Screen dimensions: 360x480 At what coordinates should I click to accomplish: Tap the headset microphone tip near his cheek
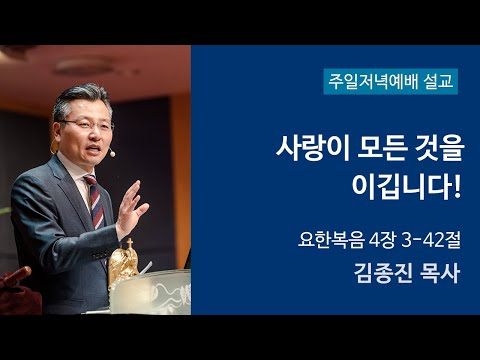112,155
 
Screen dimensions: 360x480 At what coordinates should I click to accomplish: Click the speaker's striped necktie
92,200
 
